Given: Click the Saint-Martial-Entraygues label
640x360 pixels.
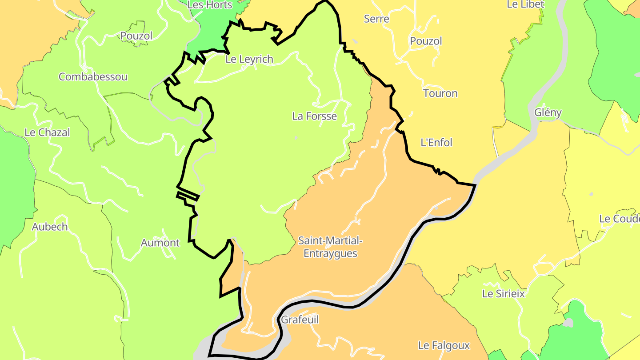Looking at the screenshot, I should click(x=330, y=247).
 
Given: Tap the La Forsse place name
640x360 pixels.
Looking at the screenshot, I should click(x=314, y=116).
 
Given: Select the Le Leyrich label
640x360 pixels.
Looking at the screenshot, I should click(x=249, y=59).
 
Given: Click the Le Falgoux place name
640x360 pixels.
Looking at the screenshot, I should click(x=444, y=345).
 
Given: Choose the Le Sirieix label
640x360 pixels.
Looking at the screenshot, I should click(x=504, y=294).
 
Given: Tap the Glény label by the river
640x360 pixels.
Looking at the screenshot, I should click(x=548, y=112).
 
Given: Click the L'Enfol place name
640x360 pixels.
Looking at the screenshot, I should click(x=436, y=143).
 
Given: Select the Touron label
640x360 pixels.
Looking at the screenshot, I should click(x=440, y=93).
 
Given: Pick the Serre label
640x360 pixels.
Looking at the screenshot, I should click(x=376, y=19).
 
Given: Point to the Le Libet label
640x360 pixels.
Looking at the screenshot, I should click(x=525, y=4).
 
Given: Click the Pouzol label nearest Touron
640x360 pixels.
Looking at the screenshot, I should click(x=426, y=41).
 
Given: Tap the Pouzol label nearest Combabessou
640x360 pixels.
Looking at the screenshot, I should click(x=136, y=36).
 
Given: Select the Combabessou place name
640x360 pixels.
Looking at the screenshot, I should click(x=93, y=77).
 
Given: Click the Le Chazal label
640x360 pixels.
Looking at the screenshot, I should click(x=47, y=132).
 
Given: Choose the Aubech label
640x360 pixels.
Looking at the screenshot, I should click(x=50, y=227).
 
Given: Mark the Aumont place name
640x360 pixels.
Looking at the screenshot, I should click(x=160, y=243).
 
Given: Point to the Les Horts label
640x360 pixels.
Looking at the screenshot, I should click(x=210, y=5).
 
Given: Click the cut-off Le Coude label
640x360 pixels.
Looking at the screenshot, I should click(x=619, y=219).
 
